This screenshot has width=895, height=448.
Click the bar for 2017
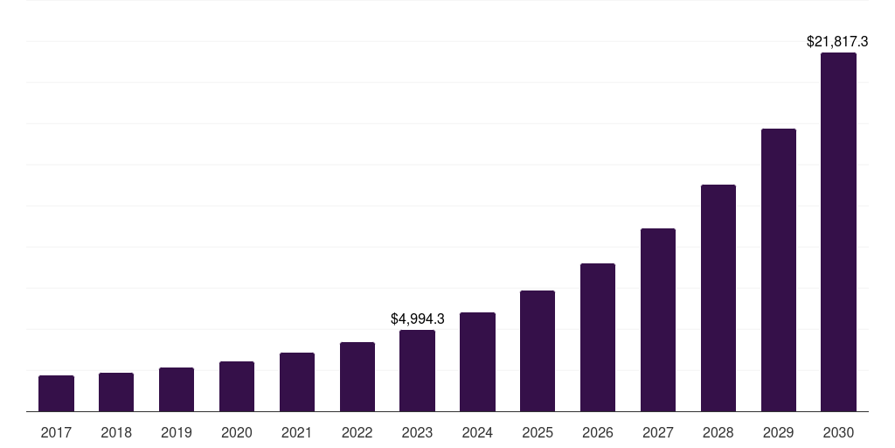pos(56,394)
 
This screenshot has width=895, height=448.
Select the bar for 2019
pos(177,389)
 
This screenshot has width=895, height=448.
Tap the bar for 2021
pos(297,382)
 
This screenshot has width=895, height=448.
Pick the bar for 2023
pos(417,371)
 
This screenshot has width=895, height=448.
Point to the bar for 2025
pos(538,351)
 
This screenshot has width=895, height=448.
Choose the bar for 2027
pos(658,320)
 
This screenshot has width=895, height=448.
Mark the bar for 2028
pos(718,298)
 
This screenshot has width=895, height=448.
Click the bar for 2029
pos(779,270)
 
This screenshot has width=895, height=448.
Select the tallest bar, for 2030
pos(838,232)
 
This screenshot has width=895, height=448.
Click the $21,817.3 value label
pos(836,41)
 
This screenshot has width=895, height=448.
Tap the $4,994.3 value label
pos(418,318)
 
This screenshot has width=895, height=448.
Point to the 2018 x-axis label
pos(116,432)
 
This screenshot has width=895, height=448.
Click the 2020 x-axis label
pos(237,432)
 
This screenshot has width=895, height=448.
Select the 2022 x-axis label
pos(357,432)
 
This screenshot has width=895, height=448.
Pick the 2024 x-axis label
pos(477,432)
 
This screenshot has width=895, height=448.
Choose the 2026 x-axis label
pos(598,432)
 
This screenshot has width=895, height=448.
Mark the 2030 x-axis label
pos(838,432)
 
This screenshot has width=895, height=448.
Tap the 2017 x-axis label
pos(56,432)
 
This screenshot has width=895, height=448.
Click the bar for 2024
pos(477,362)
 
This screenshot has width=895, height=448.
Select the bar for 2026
pos(598,338)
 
